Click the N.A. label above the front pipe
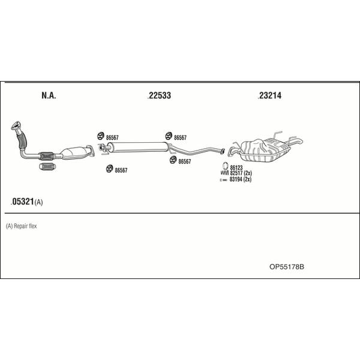click(x=49, y=95)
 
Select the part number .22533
click(x=160, y=95)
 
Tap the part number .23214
click(x=269, y=95)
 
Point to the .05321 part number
click(x=23, y=202)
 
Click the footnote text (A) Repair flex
click(x=22, y=226)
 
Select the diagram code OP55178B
click(x=287, y=267)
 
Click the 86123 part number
click(x=236, y=167)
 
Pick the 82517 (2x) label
click(x=241, y=173)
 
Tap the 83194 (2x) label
click(x=241, y=179)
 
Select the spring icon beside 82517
click(x=224, y=173)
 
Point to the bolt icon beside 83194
click(x=223, y=180)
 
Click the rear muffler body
click(x=264, y=151)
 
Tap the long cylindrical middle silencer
click(x=138, y=147)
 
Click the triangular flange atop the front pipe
click(x=16, y=125)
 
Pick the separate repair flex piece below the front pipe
click(x=48, y=167)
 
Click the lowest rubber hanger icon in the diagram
click(x=109, y=169)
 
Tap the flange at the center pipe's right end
click(x=222, y=151)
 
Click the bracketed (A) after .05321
click(x=38, y=202)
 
